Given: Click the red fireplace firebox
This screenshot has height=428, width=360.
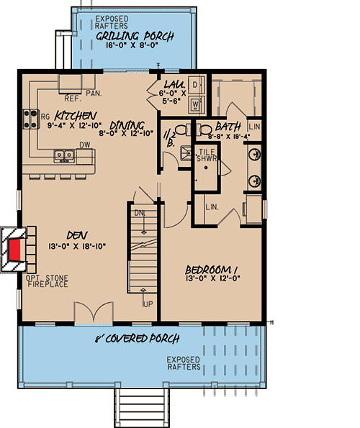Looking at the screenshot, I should pyautogui.click(x=15, y=250).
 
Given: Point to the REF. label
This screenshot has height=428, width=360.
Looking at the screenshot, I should pyautogui.click(x=73, y=98).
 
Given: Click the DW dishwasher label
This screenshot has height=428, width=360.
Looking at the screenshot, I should pyautogui.click(x=84, y=144).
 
